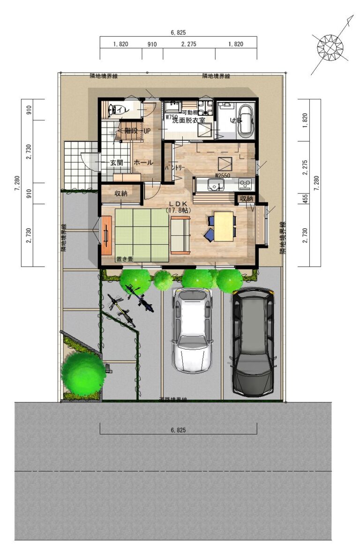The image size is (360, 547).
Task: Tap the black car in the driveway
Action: [x=253, y=341]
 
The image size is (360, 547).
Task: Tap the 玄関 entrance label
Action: [x=117, y=163]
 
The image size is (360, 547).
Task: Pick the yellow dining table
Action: [x=224, y=226]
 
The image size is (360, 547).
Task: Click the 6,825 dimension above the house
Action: [x=179, y=33]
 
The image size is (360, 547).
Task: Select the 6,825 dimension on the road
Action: [x=179, y=429]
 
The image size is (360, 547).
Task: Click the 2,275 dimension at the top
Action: [x=188, y=45]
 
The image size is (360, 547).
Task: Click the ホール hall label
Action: [x=143, y=163]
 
